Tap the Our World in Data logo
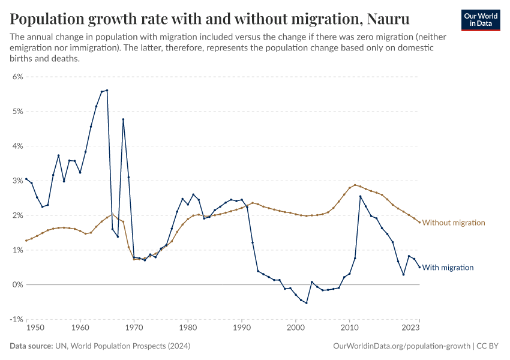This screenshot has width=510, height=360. coord(481,20)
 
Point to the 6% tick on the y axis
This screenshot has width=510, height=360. coord(17,77)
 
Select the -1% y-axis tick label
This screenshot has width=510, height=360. coord(16,319)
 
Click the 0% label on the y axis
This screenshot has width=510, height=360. coord(17,284)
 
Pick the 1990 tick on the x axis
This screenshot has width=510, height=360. coord(242,328)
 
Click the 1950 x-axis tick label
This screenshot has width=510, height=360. coord(35,328)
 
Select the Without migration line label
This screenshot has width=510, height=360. coord(453,223)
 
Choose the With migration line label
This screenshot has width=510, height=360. coord(448,268)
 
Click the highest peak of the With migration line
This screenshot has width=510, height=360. coord(107,90)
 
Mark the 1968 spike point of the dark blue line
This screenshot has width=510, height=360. coord(123,119)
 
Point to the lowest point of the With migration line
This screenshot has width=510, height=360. coord(306,303)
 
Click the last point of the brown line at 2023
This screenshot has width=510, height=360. coord(419,223)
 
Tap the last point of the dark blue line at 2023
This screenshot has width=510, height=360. coord(419,267)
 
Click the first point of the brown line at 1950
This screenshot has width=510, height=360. coord(26,241)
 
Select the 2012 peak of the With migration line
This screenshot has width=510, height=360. coord(360,196)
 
